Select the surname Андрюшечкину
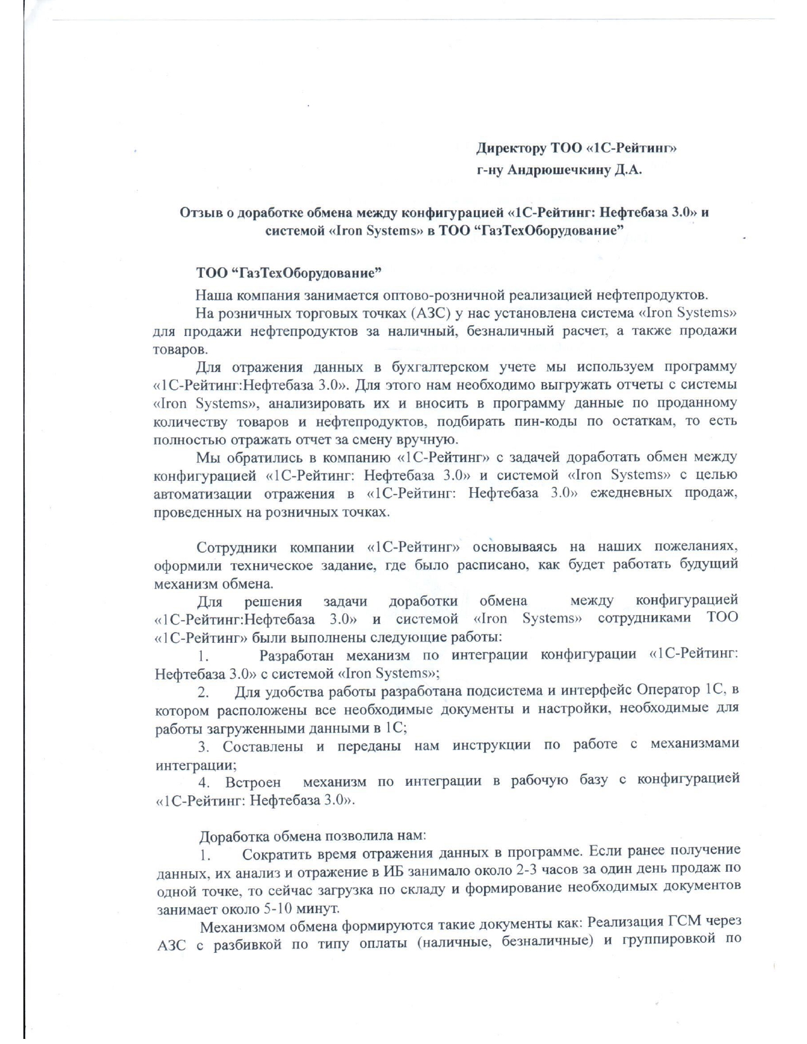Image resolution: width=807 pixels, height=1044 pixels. [x=557, y=170]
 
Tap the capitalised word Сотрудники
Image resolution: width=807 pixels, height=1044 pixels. [x=235, y=547]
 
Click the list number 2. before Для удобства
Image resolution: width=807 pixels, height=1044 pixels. [x=204, y=691]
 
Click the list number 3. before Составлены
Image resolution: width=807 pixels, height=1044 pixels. [x=204, y=747]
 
